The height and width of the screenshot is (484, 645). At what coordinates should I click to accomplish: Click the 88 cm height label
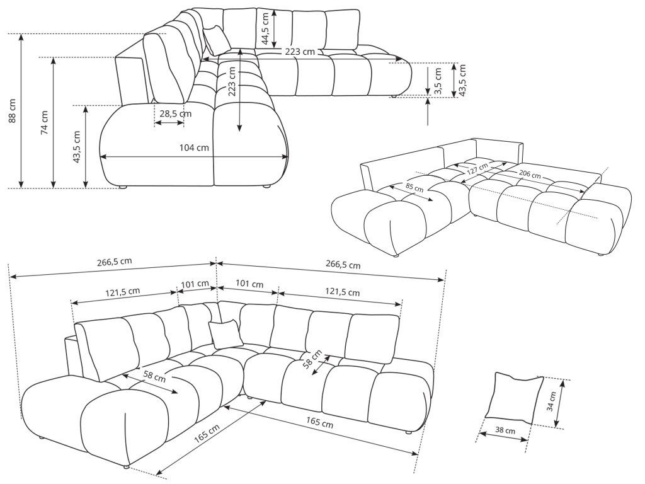click(12, 111)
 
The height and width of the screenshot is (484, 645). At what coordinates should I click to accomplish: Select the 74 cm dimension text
click(44, 123)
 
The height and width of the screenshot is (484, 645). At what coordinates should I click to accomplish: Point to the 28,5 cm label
click(175, 113)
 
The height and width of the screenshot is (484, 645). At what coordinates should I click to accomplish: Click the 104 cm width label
click(194, 147)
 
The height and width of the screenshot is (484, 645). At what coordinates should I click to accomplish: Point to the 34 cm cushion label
click(552, 400)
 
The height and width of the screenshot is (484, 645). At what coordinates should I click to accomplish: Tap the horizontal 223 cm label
click(299, 52)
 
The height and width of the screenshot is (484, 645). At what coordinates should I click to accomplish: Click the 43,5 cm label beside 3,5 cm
click(462, 78)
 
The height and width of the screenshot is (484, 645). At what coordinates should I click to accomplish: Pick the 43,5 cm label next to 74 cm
click(77, 147)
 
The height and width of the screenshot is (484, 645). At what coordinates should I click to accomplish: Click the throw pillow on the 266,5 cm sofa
click(225, 333)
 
